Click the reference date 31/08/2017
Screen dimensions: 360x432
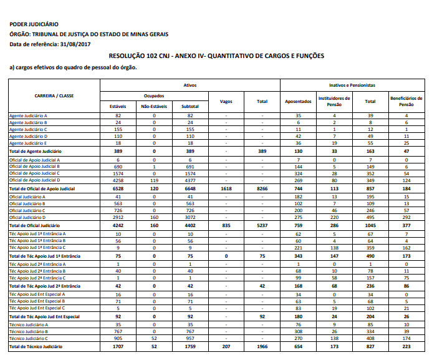click(x=76, y=44)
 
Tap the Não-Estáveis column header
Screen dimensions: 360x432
click(x=154, y=107)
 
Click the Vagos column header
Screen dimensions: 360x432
click(x=226, y=101)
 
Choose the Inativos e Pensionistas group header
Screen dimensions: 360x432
click(x=352, y=84)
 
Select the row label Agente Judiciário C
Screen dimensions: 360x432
click(x=29, y=129)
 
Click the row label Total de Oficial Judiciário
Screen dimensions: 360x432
click(x=34, y=225)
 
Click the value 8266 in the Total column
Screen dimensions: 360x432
click(x=262, y=188)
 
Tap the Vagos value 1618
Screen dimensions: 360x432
click(x=226, y=188)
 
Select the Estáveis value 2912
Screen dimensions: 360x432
click(x=118, y=217)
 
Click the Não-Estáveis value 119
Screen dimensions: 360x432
click(x=154, y=180)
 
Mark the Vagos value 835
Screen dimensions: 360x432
click(x=226, y=225)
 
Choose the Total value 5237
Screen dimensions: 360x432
click(x=262, y=225)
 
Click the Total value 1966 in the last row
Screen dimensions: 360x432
click(x=262, y=345)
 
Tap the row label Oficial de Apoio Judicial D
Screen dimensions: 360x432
click(x=34, y=180)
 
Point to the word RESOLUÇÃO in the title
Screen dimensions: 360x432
click(x=128, y=56)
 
